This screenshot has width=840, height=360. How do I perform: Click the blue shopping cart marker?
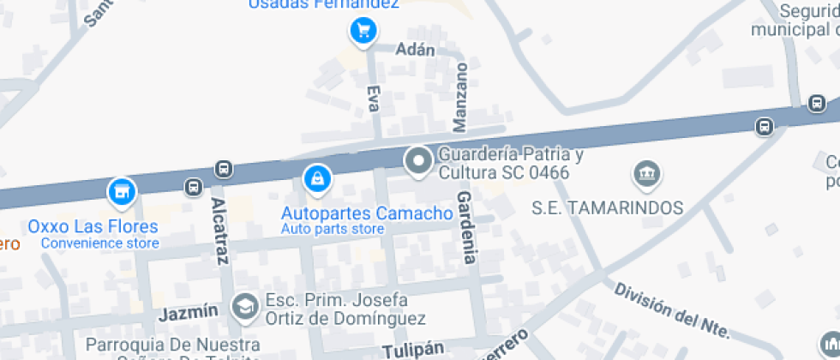[x=363, y=32]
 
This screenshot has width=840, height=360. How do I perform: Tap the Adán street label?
[x=416, y=50]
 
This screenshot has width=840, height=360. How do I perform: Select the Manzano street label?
[x=461, y=97]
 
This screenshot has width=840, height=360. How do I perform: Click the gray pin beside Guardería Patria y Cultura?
[x=419, y=160]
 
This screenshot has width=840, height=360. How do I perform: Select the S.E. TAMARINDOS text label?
[x=607, y=207]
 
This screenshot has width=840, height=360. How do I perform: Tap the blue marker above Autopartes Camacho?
[x=317, y=179]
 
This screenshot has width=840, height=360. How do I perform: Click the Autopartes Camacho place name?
[x=367, y=213]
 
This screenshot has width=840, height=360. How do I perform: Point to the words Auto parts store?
[x=333, y=229]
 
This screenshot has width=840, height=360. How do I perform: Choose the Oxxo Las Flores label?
[x=93, y=227]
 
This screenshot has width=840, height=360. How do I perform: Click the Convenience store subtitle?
[x=100, y=243]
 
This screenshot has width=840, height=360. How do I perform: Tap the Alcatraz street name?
[x=219, y=230]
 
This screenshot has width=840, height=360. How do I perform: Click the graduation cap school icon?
[x=245, y=307]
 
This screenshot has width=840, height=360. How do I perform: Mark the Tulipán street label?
[x=413, y=350]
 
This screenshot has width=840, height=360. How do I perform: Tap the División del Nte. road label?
[x=672, y=310]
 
